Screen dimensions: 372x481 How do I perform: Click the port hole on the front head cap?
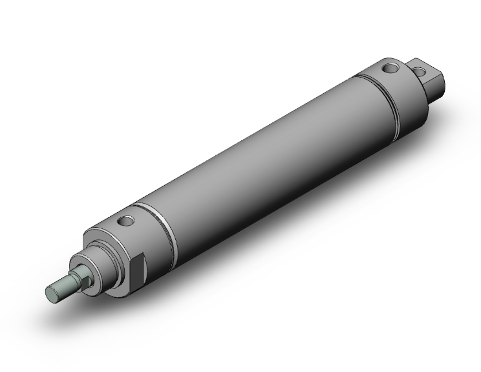125,222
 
